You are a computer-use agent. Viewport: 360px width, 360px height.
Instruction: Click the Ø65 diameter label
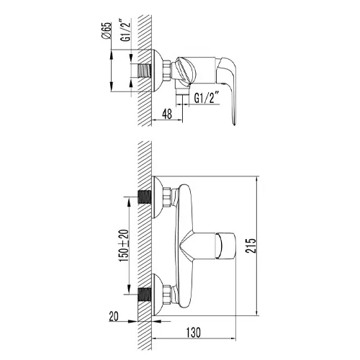click(107, 30)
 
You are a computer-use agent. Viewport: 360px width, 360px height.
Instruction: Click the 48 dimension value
click(167, 114)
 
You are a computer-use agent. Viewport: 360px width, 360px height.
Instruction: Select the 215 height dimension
click(251, 246)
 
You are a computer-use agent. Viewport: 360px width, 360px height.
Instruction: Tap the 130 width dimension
click(194, 333)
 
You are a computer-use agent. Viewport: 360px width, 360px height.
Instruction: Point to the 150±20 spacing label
click(125, 246)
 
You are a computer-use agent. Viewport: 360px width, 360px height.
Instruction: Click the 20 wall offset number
click(114, 316)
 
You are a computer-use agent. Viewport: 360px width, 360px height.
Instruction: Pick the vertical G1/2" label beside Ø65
click(127, 32)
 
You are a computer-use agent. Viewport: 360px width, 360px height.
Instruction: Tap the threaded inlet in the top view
click(144, 71)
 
